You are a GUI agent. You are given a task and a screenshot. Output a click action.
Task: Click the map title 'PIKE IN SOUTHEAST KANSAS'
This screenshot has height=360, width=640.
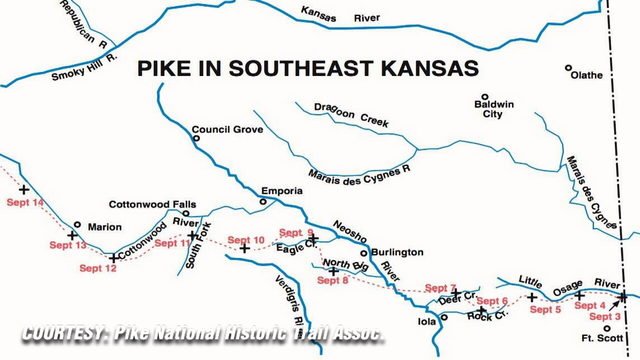(307, 69)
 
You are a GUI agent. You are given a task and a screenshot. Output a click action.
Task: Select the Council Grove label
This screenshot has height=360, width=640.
(227, 130)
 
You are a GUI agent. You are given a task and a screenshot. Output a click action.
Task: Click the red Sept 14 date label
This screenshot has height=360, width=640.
(25, 203)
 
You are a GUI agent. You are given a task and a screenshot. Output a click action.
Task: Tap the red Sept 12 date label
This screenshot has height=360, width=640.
(97, 268)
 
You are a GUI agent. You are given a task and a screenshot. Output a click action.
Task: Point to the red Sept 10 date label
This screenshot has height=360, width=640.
(246, 240)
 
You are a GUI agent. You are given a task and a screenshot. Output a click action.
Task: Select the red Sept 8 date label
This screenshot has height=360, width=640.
(333, 280)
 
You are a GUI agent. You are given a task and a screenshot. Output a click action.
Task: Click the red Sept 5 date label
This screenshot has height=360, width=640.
(545, 310)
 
